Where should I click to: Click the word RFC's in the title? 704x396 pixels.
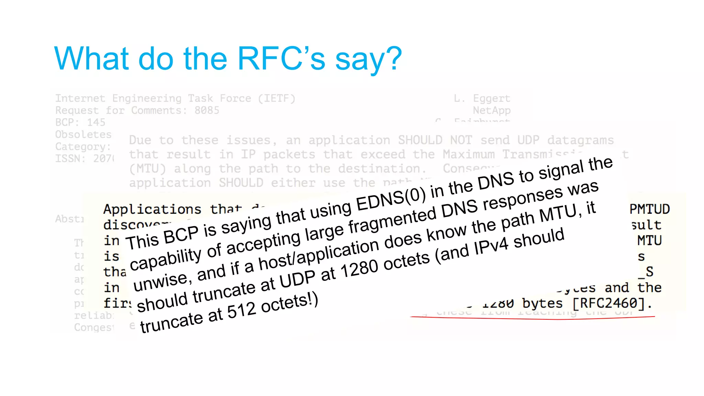click(x=281, y=58)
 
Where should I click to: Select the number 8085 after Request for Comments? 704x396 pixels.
click(x=207, y=110)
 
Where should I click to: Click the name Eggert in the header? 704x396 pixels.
click(x=492, y=99)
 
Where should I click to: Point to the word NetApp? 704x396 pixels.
click(x=492, y=110)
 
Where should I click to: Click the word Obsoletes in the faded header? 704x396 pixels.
click(x=84, y=134)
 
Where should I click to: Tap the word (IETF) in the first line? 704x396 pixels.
click(x=277, y=99)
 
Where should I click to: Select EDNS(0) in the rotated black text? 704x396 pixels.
click(x=391, y=199)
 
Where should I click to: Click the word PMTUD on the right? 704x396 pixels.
click(x=649, y=209)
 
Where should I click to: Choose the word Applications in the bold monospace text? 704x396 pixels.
click(x=152, y=209)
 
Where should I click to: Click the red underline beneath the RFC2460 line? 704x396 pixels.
click(x=533, y=318)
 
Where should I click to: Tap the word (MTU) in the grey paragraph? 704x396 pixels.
click(x=147, y=169)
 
